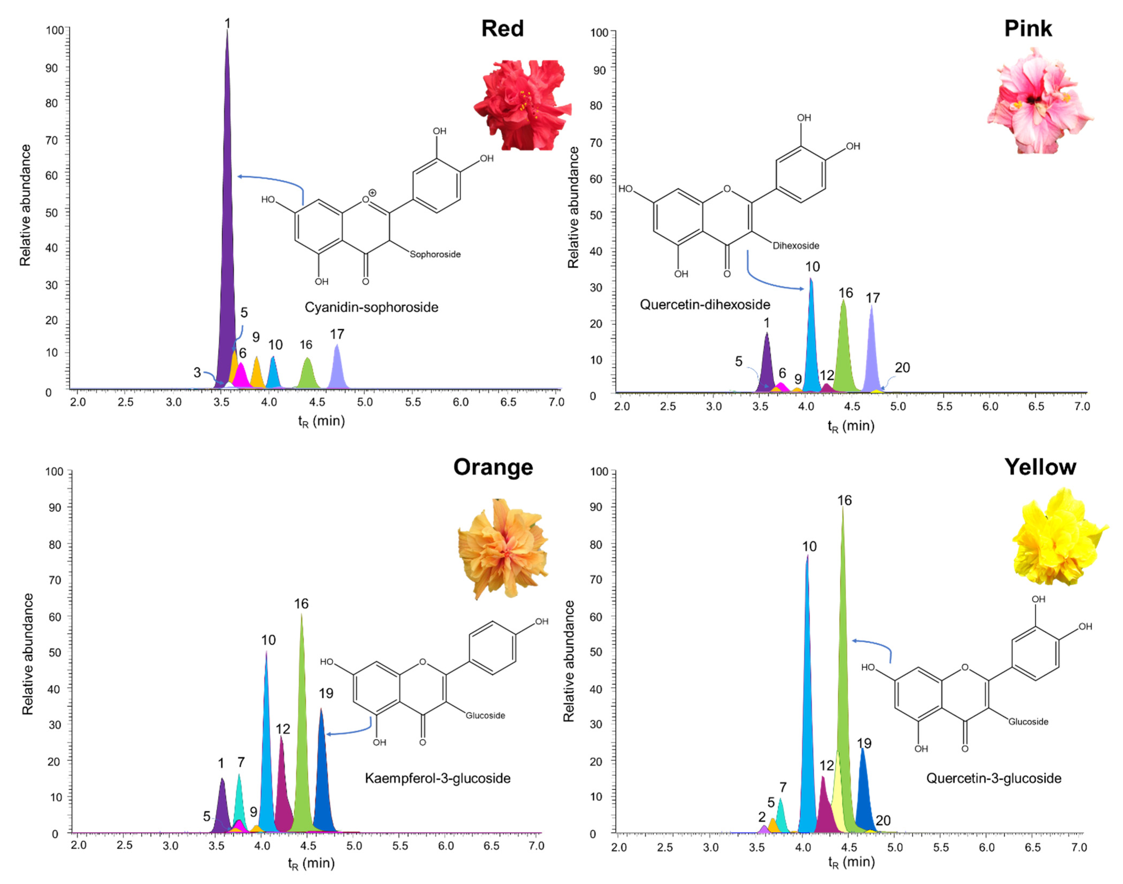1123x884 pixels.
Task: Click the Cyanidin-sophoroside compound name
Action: pos(371,307)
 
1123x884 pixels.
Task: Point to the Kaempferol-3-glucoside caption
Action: pos(437,778)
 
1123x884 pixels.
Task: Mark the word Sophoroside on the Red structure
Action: pos(435,254)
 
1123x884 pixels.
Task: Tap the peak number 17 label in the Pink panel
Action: pos(873,298)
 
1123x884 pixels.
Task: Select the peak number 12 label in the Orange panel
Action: pos(282,729)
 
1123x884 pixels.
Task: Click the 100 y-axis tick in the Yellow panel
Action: pos(599,472)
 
